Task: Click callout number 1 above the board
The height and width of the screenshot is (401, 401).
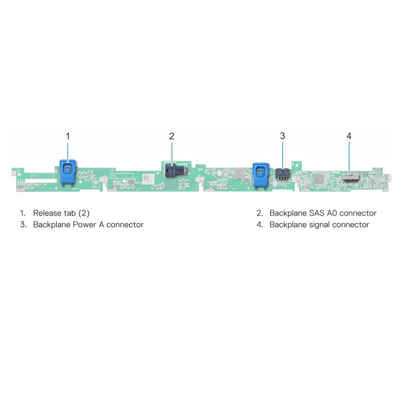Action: tap(68, 136)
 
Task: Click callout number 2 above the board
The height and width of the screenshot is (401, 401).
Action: tap(172, 136)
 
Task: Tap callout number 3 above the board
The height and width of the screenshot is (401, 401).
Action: tap(282, 136)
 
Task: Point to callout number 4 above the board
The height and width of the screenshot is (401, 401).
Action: tap(349, 136)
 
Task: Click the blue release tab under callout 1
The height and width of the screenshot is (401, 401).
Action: tap(68, 172)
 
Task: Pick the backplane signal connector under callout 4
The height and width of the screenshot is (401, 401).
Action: tap(350, 177)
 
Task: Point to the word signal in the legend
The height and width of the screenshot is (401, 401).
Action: tap(319, 225)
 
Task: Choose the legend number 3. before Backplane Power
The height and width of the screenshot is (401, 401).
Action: tap(23, 225)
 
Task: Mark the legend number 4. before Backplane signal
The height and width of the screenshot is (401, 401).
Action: tap(260, 225)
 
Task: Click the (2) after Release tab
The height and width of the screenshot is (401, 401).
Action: tap(84, 213)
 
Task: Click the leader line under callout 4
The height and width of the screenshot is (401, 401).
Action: tap(349, 158)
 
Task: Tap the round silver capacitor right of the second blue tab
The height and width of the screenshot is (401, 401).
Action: tap(274, 183)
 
